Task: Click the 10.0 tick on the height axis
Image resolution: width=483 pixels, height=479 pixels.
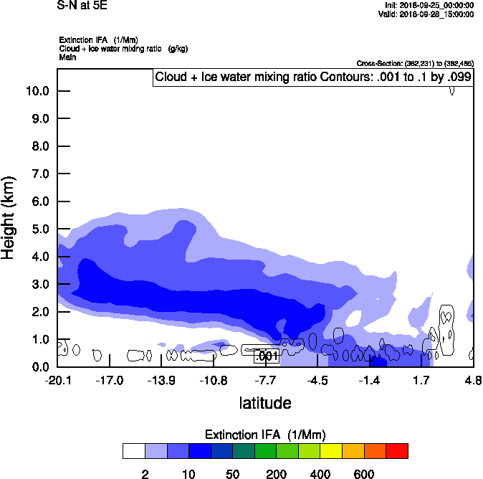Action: point(37,91)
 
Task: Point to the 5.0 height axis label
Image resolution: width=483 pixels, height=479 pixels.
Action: point(37,229)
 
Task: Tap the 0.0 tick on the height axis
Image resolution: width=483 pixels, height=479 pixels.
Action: point(37,367)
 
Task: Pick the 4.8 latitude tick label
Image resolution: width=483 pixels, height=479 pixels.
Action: point(473,379)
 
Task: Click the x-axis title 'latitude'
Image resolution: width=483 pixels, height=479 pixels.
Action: point(265,403)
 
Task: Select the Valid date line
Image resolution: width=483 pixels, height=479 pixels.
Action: point(428,14)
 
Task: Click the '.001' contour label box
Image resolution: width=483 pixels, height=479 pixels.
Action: point(267,356)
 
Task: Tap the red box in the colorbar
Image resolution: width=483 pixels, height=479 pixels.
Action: point(398,451)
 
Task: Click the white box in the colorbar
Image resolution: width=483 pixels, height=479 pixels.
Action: point(134,451)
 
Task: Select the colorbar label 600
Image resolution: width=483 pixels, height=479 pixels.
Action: point(364,474)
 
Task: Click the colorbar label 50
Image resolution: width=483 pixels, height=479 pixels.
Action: point(232,474)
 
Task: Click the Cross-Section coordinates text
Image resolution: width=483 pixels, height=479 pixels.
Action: point(415,64)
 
